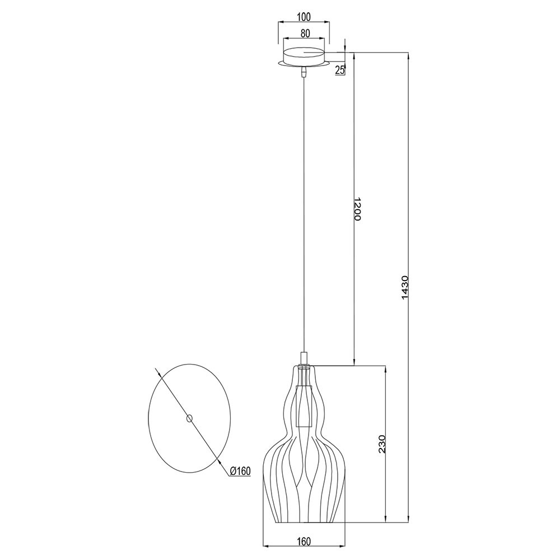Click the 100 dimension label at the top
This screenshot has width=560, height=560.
click(304, 16)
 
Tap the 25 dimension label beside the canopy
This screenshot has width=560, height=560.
click(340, 71)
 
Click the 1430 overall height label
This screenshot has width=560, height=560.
click(405, 287)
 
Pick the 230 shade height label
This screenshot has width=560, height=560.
click(382, 444)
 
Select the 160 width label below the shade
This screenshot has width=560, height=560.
click(304, 542)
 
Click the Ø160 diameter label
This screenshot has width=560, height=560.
click(240, 472)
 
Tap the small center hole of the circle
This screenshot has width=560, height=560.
click(189, 418)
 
